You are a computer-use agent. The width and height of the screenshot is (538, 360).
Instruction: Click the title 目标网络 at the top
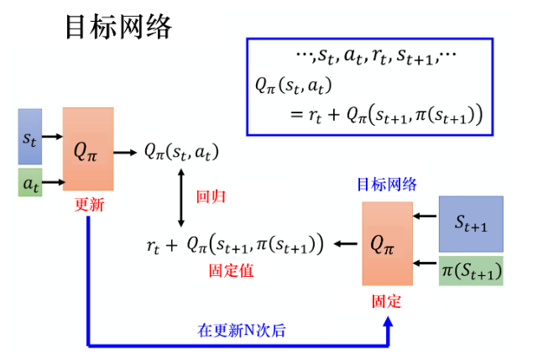118,26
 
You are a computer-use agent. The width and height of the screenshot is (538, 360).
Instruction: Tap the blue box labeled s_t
29,136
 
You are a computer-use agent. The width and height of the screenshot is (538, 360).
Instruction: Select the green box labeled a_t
29,181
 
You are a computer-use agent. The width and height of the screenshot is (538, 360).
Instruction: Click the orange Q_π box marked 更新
87,149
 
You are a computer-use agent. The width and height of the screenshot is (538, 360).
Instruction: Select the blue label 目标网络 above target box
386,185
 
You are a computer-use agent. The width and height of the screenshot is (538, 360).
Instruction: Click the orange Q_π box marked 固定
387,243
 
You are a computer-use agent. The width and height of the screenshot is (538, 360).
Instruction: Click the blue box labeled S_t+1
471,223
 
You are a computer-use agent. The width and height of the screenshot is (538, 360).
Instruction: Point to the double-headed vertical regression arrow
181,197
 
